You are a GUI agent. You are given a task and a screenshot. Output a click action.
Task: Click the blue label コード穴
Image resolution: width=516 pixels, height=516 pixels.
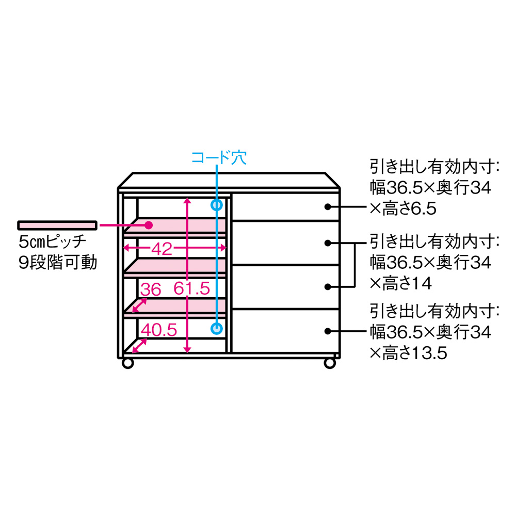[x=219, y=157]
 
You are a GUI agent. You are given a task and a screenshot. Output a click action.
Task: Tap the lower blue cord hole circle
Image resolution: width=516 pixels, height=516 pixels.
[x=217, y=328]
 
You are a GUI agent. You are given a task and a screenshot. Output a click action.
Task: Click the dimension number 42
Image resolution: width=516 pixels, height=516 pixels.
[x=162, y=249]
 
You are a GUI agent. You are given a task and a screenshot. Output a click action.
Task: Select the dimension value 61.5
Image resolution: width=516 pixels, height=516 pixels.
[x=191, y=289]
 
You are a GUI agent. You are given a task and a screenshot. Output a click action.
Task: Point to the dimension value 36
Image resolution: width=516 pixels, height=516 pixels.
[x=151, y=289]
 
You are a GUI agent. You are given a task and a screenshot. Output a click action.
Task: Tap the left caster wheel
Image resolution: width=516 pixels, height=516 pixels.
[x=127, y=363]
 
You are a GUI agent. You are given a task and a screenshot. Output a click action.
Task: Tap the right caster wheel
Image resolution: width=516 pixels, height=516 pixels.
[x=329, y=363]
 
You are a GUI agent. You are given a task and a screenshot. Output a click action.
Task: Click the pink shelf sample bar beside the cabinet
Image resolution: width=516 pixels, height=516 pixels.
[x=57, y=225]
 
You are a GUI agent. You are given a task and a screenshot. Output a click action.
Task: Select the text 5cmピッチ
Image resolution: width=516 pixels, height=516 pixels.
[x=51, y=241]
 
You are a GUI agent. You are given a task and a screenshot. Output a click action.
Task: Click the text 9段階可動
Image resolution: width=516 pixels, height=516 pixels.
[x=57, y=263]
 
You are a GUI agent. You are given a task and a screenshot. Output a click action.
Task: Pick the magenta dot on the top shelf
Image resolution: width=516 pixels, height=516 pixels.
[x=149, y=225]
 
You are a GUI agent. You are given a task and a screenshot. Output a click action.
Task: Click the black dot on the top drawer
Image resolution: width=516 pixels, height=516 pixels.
[x=328, y=207]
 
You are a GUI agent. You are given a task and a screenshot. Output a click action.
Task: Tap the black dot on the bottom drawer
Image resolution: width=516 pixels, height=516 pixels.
[x=328, y=330]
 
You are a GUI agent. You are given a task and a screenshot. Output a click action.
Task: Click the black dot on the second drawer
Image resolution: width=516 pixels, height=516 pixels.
[x=328, y=242]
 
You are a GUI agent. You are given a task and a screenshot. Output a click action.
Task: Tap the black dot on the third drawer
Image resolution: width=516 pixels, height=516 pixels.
[x=328, y=286]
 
